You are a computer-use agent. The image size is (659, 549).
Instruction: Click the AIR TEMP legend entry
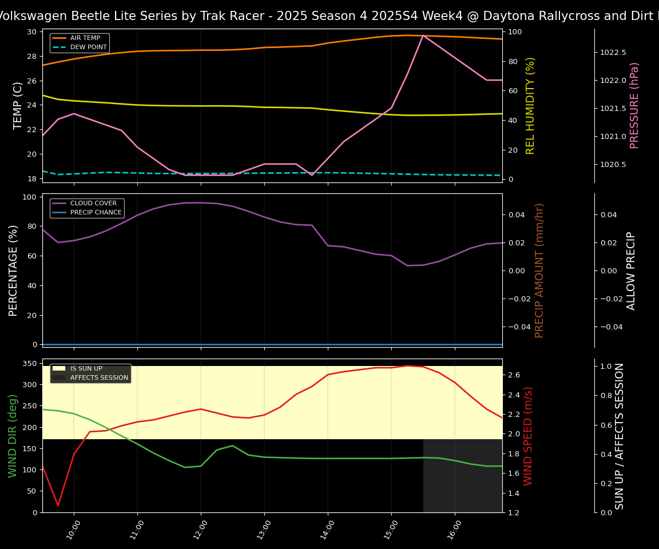(x=85, y=38)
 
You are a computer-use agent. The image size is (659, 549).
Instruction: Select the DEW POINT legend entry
(x=88, y=47)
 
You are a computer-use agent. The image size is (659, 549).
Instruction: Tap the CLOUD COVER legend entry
(x=93, y=204)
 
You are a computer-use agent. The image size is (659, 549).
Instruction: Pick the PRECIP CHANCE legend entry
(x=96, y=213)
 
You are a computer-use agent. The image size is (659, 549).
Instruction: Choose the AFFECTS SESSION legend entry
(x=99, y=377)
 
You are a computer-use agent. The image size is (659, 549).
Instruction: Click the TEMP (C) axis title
(x=18, y=105)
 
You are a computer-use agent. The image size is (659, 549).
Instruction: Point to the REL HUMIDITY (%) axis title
(x=530, y=105)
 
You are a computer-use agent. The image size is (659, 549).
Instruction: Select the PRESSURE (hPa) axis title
(x=634, y=105)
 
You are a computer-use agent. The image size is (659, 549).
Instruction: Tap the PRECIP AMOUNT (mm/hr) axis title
(x=539, y=270)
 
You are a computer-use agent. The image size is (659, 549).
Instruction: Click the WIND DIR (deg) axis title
(x=13, y=436)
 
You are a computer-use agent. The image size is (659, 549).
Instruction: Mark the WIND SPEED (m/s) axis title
(x=528, y=436)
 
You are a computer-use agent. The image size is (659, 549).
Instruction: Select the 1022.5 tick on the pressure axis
(x=613, y=53)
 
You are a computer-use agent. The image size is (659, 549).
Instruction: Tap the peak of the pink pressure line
(x=423, y=35)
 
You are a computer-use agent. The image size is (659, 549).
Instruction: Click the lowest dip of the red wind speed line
(x=58, y=506)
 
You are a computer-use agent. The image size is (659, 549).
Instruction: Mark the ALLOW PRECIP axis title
(x=632, y=270)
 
